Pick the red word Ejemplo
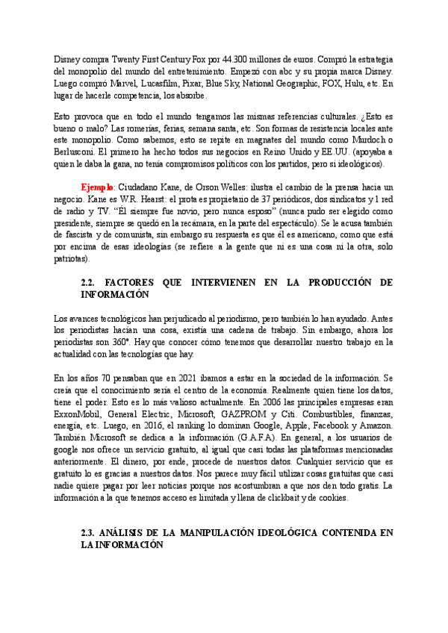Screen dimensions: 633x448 tap(99, 187)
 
